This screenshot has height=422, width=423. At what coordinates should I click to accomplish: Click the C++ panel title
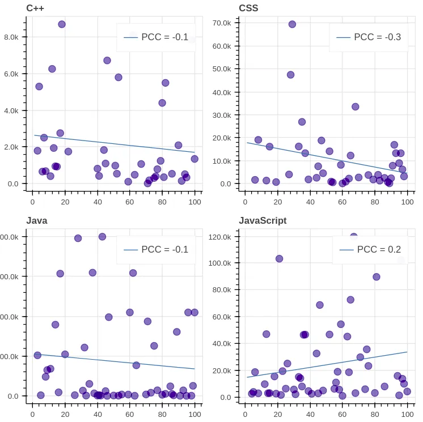[35, 8]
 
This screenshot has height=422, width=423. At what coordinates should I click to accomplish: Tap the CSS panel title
[249, 8]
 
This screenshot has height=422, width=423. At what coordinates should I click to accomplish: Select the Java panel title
[37, 220]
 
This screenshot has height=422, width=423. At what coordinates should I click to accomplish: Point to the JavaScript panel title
[263, 220]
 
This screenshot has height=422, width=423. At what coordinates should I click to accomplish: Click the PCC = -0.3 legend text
[377, 37]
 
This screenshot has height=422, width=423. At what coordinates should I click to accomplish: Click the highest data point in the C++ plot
[62, 24]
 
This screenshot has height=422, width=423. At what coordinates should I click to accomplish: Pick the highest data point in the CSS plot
[292, 24]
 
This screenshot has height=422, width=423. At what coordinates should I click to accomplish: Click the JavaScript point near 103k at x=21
[279, 259]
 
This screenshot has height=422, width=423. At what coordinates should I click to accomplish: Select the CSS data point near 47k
[290, 75]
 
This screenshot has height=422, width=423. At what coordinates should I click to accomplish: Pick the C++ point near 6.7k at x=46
[107, 61]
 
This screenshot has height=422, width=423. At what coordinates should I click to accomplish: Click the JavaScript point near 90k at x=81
[377, 277]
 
